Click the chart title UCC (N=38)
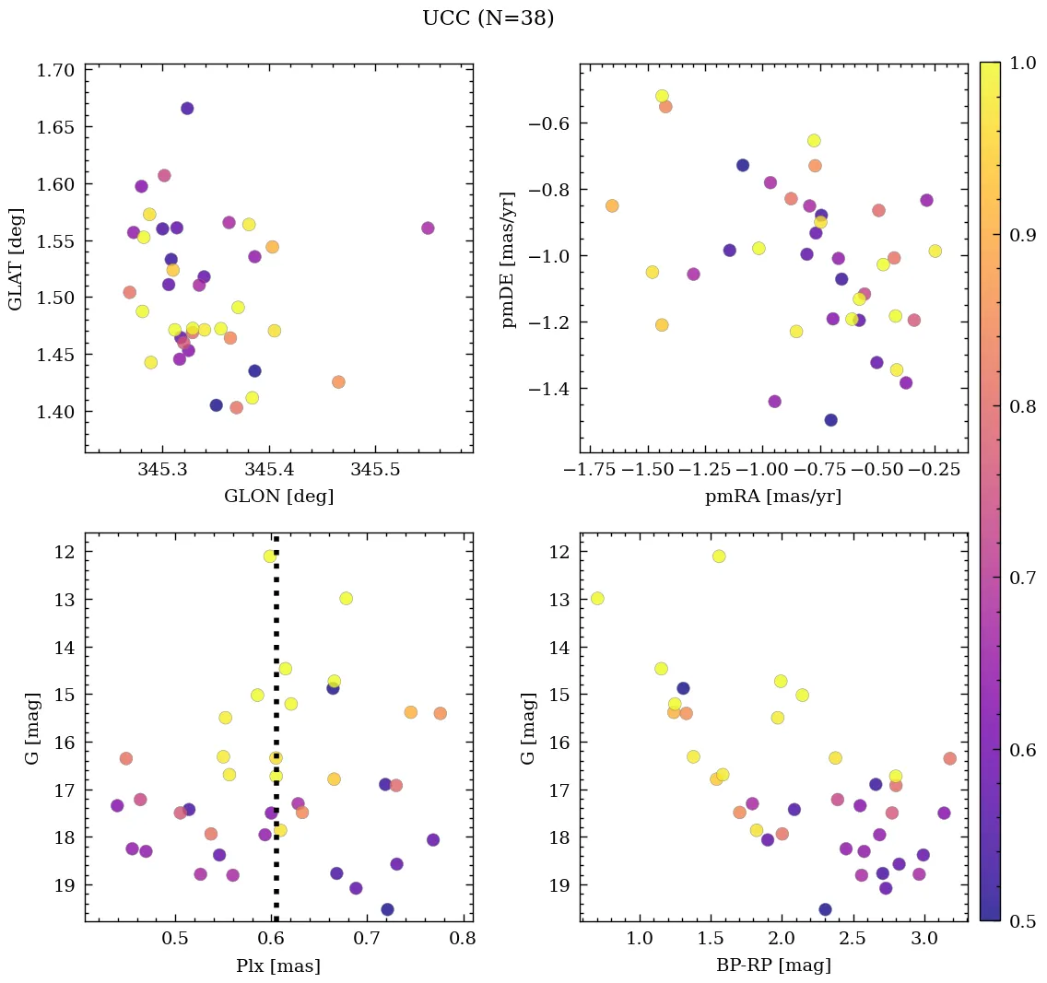point(488,18)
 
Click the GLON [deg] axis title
point(279,497)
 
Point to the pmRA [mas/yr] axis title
point(773,497)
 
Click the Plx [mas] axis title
point(279,966)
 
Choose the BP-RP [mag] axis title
point(773,966)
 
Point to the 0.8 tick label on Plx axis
point(463,941)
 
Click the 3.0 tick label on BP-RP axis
point(925,941)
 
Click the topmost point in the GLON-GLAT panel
point(187,109)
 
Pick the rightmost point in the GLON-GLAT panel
point(428,228)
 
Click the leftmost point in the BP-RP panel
point(597,599)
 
